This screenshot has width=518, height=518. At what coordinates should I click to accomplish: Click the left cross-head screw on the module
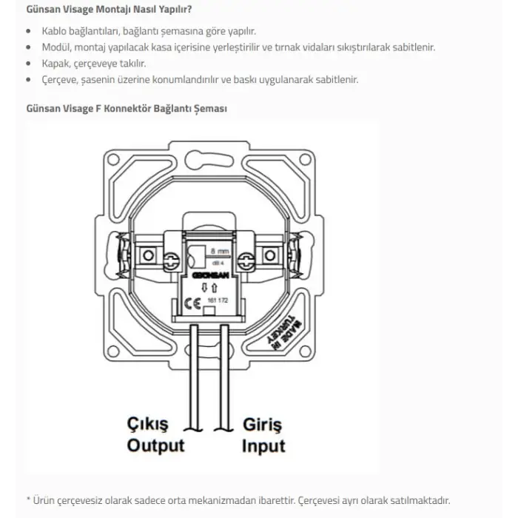pos(172,259)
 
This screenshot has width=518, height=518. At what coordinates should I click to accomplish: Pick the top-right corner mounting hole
pos(303,160)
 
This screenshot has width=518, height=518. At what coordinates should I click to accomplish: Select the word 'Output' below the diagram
pos(155,445)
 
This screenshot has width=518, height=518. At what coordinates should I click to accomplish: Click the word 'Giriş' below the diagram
pos(262,425)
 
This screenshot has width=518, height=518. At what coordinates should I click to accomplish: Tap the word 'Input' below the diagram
pos(263,445)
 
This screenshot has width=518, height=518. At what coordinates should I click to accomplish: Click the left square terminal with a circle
pos(148,255)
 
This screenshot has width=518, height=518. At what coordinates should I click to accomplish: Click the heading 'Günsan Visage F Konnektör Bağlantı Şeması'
pos(127,108)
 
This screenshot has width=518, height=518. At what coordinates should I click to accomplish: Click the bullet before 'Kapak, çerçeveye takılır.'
pos(28,64)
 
